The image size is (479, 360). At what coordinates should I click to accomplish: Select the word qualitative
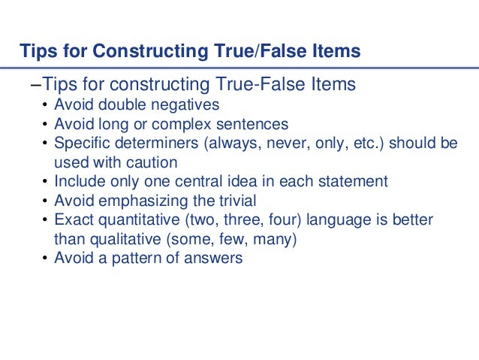(x=119, y=239)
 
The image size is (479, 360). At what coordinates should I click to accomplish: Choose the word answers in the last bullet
(x=216, y=259)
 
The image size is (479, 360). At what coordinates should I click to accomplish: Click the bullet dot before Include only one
(x=45, y=182)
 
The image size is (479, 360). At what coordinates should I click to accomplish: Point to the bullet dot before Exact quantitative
(x=45, y=221)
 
